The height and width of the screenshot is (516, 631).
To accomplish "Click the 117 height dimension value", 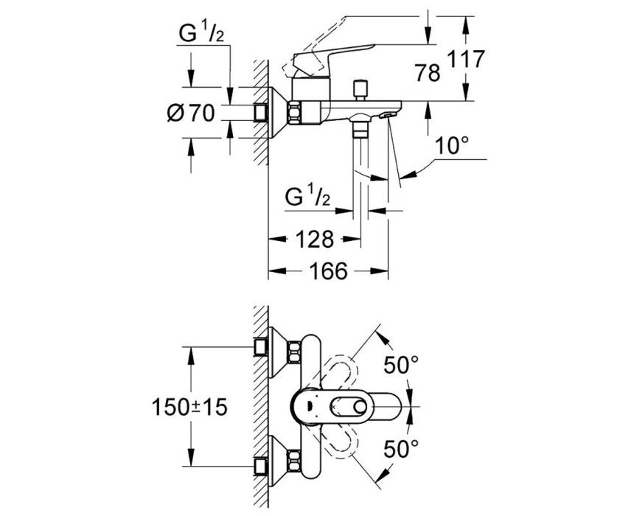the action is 466,60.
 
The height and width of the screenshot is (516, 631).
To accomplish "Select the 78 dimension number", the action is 428,73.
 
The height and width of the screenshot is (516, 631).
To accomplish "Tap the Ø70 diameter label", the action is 190,113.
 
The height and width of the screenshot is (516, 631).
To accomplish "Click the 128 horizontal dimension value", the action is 315,239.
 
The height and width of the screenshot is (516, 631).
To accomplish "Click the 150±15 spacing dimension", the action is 189,407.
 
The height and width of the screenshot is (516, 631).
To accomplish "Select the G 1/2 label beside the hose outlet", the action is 308,198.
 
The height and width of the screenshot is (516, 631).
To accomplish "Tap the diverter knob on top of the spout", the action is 360,90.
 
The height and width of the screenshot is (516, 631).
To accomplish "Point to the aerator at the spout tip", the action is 388,115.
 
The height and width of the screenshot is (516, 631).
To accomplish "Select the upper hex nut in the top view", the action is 294,351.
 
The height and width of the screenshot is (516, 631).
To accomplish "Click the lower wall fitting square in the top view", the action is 261,467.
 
